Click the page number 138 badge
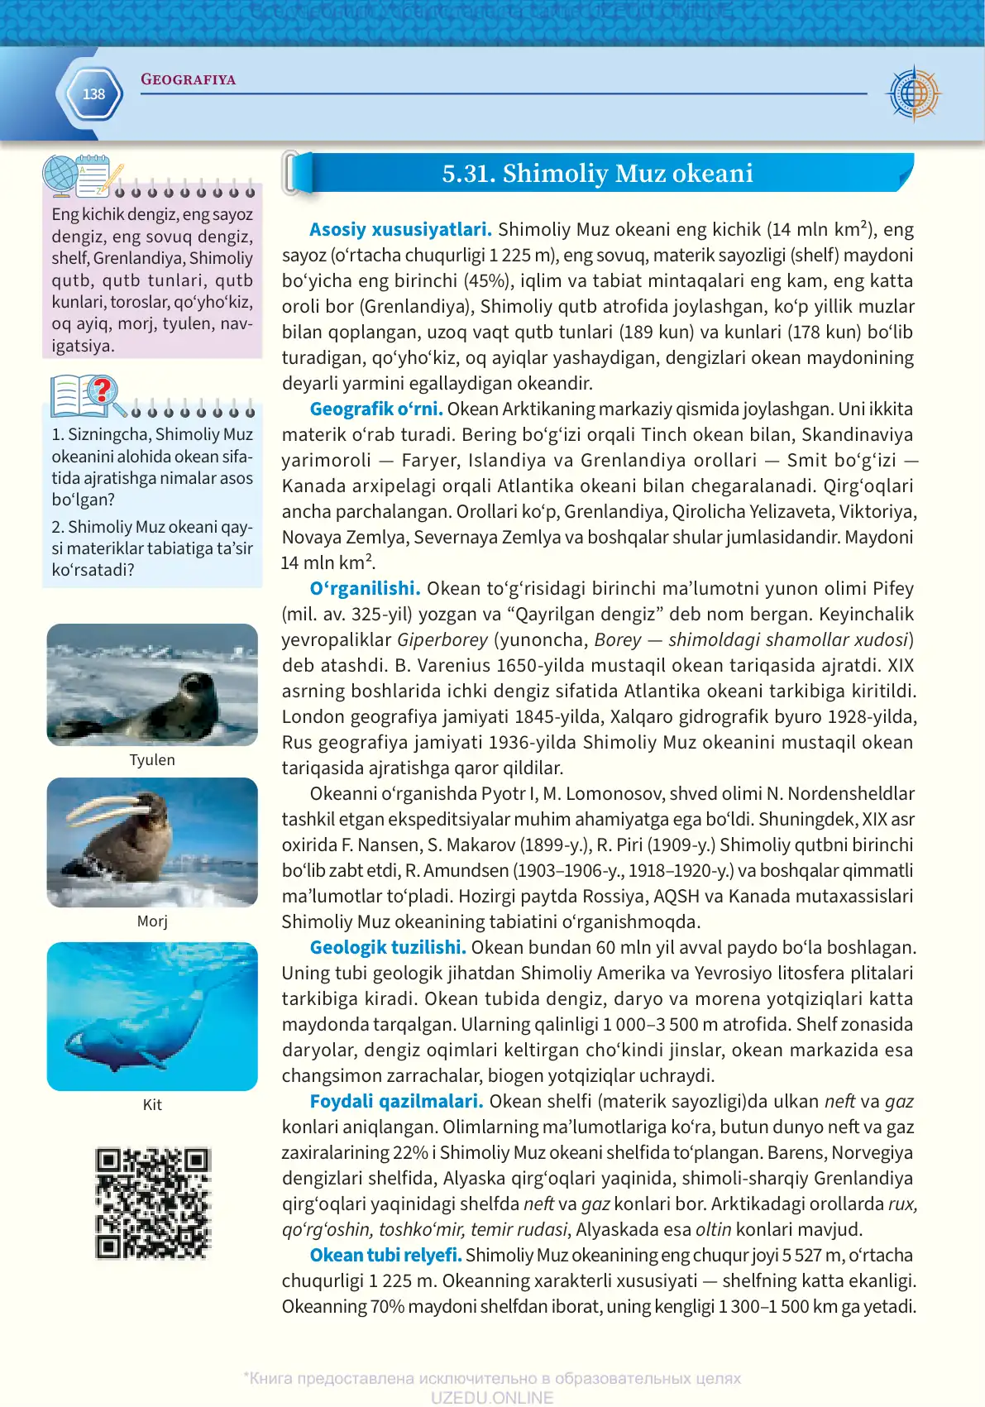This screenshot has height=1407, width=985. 93,94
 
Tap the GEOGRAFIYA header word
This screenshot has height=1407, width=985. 189,79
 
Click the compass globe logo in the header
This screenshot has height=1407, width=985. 914,93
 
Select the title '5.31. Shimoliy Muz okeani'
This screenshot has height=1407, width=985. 597,174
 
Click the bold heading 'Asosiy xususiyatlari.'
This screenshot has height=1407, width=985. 400,230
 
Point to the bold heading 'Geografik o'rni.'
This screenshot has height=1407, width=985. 376,409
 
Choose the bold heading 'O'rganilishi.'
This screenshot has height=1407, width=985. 365,588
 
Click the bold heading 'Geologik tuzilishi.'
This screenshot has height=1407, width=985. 388,947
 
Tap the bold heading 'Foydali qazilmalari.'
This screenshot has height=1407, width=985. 396,1101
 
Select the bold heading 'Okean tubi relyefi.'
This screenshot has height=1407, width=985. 385,1255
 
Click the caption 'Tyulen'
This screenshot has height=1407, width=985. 152,760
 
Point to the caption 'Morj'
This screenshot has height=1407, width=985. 152,921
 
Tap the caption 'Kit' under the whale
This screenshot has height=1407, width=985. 152,1105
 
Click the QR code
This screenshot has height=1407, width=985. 153,1203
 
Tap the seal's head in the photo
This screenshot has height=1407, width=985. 198,686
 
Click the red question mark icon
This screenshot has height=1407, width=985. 103,390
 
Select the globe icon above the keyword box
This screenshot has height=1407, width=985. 61,175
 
